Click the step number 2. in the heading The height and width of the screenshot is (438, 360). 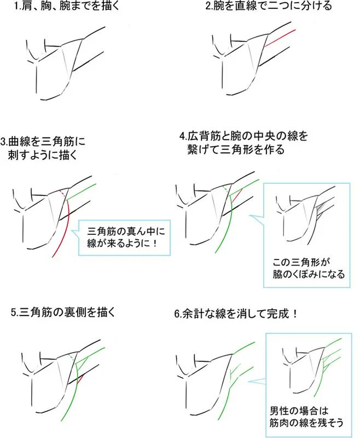(210, 6)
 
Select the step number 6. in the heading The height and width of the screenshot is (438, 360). (178, 314)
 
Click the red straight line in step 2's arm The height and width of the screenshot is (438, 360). (280, 37)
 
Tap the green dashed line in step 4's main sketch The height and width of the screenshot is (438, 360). (226, 189)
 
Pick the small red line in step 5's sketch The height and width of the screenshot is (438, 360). (80, 379)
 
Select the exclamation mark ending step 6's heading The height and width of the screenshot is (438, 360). (295, 314)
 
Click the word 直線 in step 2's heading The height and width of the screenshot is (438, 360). (245, 6)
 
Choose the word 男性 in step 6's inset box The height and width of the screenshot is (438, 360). (280, 411)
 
